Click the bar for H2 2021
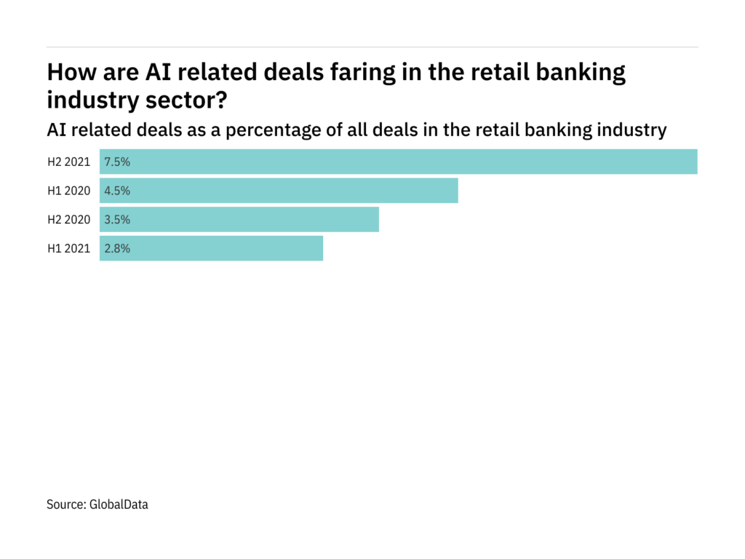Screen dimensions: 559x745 (x=399, y=162)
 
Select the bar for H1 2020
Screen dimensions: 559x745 (x=279, y=191)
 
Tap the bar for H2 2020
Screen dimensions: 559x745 (x=239, y=219)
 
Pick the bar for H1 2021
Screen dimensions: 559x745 (x=211, y=248)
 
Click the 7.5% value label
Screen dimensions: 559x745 (x=118, y=162)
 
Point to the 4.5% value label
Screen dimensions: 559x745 (x=118, y=191)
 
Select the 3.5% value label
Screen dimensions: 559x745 (x=118, y=219)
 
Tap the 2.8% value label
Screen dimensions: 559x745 (x=118, y=248)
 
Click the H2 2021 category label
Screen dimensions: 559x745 (x=69, y=162)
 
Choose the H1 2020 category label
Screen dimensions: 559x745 (x=69, y=191)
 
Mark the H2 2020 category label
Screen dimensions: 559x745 (x=69, y=219)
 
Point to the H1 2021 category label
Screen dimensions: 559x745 (x=69, y=248)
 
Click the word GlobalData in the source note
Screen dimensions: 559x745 (x=119, y=504)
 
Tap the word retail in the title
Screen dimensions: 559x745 (x=496, y=73)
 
